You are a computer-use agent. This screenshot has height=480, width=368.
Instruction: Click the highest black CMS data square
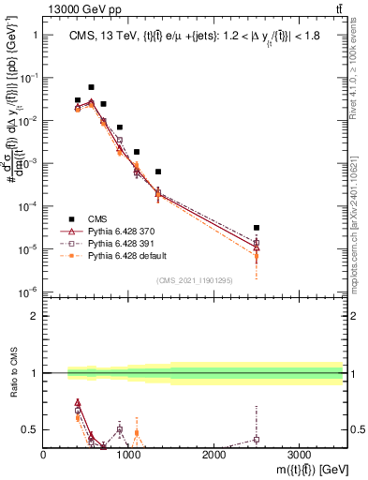91,87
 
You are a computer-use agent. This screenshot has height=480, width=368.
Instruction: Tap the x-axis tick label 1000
128,455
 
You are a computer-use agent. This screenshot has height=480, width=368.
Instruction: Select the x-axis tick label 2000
213,455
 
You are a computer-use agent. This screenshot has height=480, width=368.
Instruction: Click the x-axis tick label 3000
299,455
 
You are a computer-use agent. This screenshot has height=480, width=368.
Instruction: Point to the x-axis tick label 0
44,455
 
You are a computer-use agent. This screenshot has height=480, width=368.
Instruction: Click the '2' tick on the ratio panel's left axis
34,316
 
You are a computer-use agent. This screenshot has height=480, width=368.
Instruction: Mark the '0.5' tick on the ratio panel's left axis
30,429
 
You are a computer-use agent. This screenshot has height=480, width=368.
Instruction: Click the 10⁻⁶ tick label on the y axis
26,292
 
